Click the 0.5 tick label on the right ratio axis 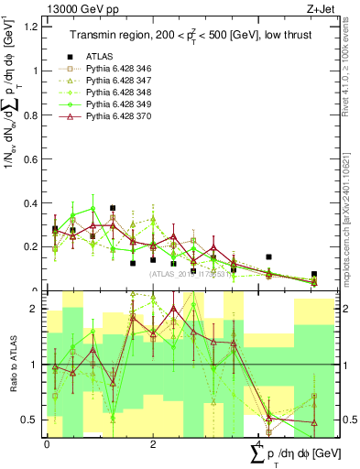[347, 420]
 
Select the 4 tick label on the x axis [257, 444]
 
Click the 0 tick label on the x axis [47, 444]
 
